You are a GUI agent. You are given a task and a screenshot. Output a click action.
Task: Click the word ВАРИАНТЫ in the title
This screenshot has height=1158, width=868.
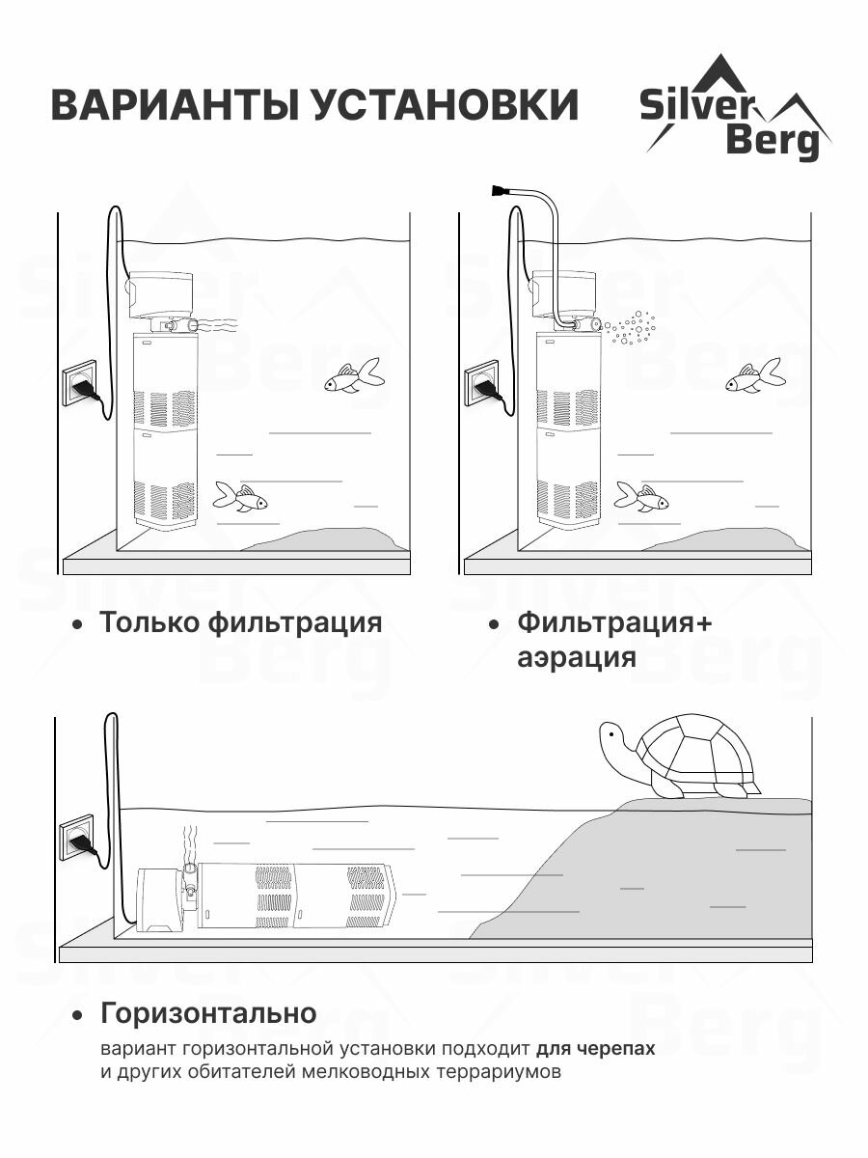tap(174, 104)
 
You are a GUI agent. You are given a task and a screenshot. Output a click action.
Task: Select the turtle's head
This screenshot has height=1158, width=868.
tap(613, 740)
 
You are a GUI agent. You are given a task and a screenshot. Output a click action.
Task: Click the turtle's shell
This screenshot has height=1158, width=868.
tap(696, 753)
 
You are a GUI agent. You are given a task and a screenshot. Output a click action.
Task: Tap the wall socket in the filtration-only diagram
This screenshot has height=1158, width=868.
tap(80, 382)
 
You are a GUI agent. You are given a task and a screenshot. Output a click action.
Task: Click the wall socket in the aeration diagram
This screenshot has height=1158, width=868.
tap(482, 382)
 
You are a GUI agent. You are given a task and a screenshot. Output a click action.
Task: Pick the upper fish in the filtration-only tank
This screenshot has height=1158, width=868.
tap(353, 376)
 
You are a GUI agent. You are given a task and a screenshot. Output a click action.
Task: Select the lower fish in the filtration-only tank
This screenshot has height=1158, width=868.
tap(240, 498)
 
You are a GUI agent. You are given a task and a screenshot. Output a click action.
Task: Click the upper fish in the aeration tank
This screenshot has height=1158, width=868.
tap(754, 376)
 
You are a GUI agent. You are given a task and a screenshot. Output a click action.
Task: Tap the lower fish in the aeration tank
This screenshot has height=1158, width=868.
tap(641, 498)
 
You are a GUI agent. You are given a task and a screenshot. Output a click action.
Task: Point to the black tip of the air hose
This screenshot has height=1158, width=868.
tap(500, 190)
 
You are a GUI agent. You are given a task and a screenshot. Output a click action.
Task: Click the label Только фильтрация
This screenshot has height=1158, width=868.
tap(240, 622)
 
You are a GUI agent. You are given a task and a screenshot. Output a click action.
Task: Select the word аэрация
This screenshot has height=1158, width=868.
tap(576, 658)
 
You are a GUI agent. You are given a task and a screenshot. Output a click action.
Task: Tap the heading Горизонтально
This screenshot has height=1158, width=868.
tap(207, 1013)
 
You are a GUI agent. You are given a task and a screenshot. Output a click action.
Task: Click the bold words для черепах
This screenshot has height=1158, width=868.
tap(595, 1049)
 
